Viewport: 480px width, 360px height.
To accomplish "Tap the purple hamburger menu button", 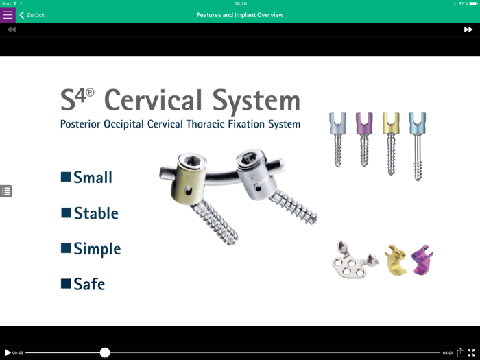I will [8, 14].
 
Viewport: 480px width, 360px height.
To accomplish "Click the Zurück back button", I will [32, 14].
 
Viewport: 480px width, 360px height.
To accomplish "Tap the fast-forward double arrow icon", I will [468, 29].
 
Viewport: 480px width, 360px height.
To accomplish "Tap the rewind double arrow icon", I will [12, 29].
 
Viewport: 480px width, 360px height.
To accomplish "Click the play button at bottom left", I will [8, 352].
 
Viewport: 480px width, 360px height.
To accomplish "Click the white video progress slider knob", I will [105, 352].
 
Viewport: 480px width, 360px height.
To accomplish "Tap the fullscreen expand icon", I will [472, 352].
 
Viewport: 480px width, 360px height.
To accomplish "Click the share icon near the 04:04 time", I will [461, 352].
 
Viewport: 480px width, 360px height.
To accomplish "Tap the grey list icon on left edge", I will [6, 191].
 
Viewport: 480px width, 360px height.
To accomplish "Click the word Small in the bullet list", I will [93, 178].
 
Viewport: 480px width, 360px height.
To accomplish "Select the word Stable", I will [96, 213].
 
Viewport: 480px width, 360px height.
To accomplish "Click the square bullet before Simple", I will [66, 248].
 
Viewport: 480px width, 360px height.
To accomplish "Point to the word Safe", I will [89, 283].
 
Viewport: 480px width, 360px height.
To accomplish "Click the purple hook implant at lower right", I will [422, 261].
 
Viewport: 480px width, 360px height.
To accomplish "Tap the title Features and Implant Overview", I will [240, 14].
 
